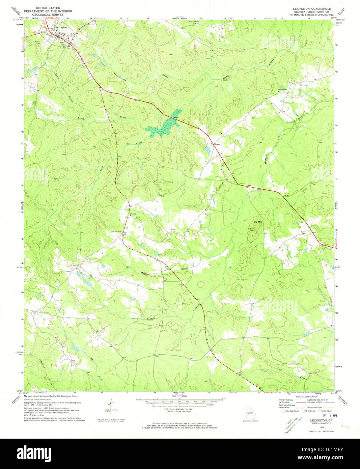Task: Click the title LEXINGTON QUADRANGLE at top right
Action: pyautogui.click(x=310, y=8)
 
